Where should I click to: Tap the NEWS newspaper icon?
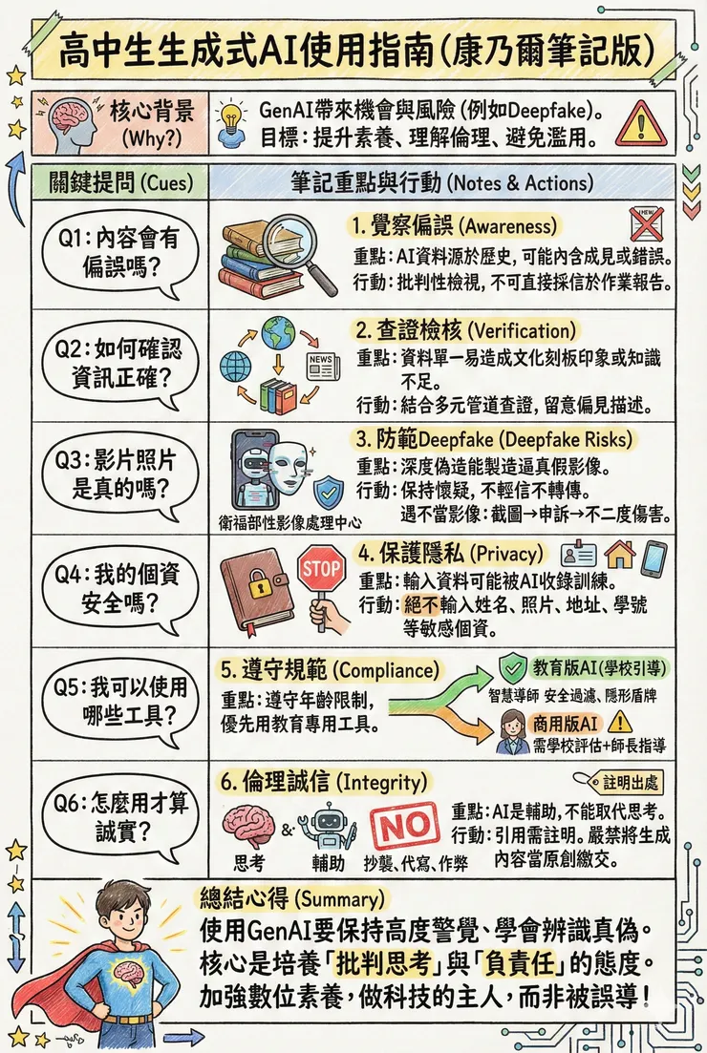pyautogui.click(x=321, y=366)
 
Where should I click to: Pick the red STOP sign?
pyautogui.click(x=320, y=570)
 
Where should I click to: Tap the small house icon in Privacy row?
pyautogui.click(x=620, y=554)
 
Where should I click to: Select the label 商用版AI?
pyautogui.click(x=568, y=722)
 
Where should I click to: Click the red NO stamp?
pyautogui.click(x=404, y=826)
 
